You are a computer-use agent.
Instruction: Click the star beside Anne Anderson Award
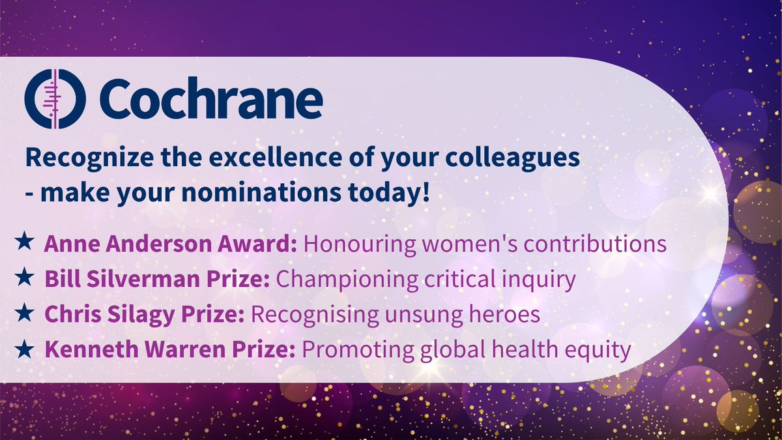click(25, 244)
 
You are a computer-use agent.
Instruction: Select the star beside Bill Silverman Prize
click(25, 279)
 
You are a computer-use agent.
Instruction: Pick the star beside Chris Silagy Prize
click(25, 314)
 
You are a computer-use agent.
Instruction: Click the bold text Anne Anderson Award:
click(171, 244)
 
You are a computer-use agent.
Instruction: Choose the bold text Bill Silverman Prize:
click(158, 279)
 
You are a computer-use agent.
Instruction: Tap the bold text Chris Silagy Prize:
click(145, 314)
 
